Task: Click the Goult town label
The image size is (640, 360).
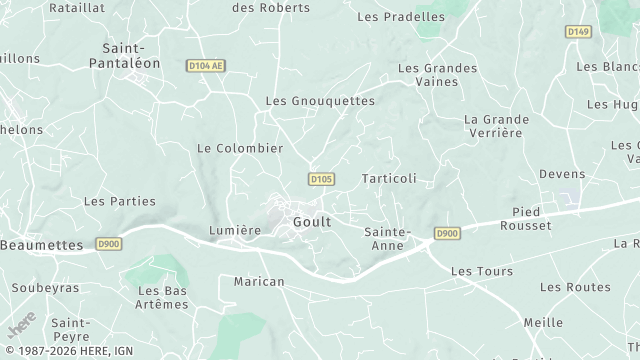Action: point(312,221)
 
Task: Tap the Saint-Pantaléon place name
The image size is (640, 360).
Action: point(132,55)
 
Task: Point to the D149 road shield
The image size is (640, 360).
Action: point(578,32)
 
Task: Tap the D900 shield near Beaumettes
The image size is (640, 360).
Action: point(109,243)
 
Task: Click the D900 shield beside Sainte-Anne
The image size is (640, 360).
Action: point(447,234)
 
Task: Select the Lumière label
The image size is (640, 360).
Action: point(235,230)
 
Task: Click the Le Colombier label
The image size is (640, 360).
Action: point(240,148)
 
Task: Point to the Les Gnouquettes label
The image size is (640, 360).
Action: point(320,101)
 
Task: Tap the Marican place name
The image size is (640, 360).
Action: point(259,282)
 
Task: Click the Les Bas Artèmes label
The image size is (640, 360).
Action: point(161,297)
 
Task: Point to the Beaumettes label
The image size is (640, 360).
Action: point(42,244)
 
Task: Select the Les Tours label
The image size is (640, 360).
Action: point(482,271)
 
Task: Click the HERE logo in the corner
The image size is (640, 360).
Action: point(21,327)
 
